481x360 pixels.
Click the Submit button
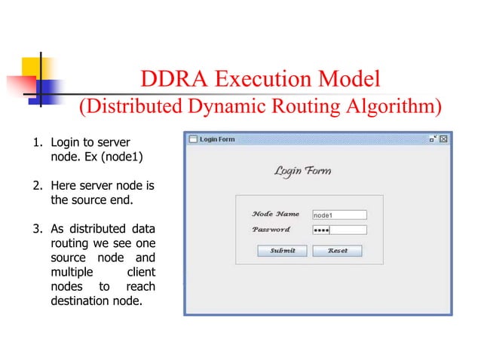pyautogui.click(x=283, y=251)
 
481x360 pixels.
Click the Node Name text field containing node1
pyautogui.click(x=339, y=215)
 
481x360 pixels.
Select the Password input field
pyautogui.click(x=339, y=230)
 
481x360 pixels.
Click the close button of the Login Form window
pyautogui.click(x=444, y=139)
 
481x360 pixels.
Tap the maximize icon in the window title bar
pyautogui.click(x=433, y=139)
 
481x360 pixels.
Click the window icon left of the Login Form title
pyautogui.click(x=192, y=139)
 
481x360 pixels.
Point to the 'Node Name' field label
pyautogui.click(x=275, y=214)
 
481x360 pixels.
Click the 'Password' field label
pyautogui.click(x=271, y=229)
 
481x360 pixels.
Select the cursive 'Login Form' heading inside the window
pyautogui.click(x=302, y=172)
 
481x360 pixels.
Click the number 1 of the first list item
pyautogui.click(x=34, y=142)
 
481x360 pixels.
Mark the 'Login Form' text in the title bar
pyautogui.click(x=217, y=139)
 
